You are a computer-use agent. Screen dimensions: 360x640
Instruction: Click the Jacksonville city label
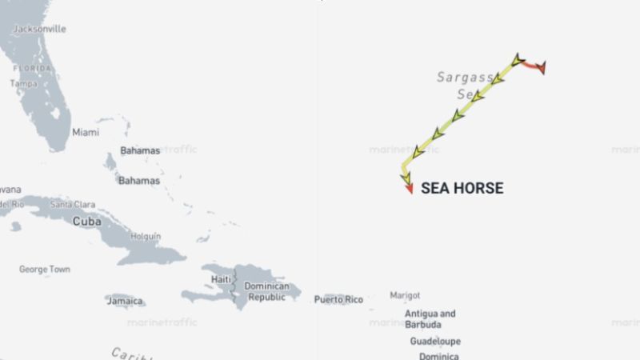click(40, 29)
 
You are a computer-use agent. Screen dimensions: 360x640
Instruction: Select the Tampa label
click(23, 83)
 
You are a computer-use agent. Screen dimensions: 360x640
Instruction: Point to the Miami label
click(86, 132)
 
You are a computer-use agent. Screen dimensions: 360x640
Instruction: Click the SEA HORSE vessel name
click(462, 189)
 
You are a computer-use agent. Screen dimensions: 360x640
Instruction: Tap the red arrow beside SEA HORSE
click(409, 189)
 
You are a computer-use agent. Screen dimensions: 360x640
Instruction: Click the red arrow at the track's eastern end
click(542, 68)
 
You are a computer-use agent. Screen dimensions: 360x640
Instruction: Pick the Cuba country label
click(86, 221)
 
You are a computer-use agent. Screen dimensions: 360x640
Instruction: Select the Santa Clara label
click(73, 205)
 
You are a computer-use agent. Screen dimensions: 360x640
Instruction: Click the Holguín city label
click(146, 237)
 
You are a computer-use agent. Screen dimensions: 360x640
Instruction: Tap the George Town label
click(44, 270)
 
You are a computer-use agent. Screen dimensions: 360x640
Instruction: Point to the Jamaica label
click(126, 301)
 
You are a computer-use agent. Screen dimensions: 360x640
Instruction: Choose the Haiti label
click(221, 279)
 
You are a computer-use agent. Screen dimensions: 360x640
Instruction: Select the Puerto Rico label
click(338, 300)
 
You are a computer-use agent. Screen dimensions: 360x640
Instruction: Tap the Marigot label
click(405, 296)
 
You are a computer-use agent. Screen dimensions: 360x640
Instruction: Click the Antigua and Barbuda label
click(430, 319)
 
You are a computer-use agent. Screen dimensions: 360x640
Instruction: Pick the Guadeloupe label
click(433, 341)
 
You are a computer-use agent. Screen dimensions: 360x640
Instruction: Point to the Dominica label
click(439, 356)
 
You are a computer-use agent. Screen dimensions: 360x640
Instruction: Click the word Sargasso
click(465, 77)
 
